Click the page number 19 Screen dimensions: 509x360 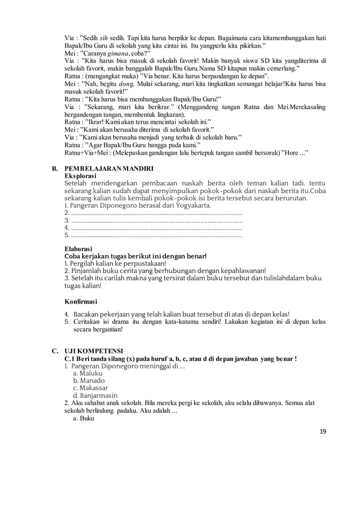pos(322,432)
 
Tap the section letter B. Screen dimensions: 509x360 pos(55,169)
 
